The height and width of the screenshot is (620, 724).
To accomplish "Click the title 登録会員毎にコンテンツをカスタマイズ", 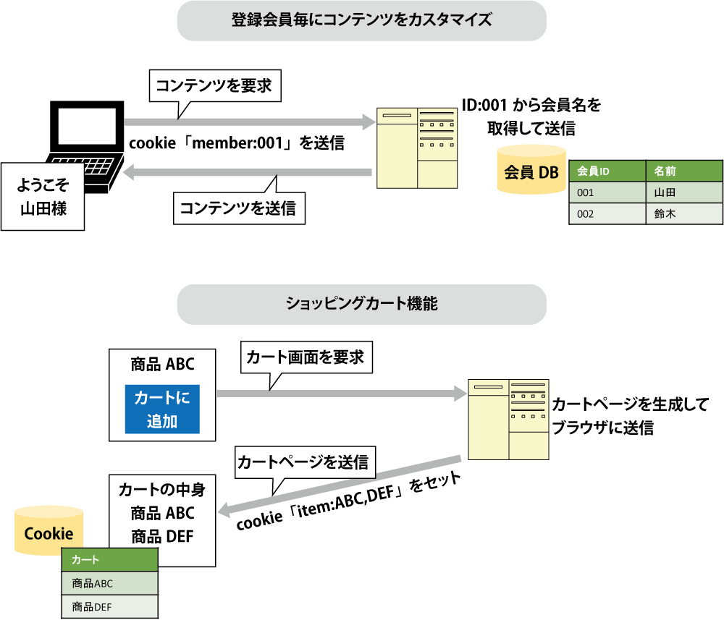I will (361, 20).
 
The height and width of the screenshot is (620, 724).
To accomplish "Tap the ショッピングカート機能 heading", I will (361, 305).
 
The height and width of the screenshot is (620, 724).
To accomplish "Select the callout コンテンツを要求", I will (214, 86).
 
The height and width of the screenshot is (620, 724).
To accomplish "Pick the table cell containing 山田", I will (683, 192).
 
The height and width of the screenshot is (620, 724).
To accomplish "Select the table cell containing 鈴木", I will (683, 213).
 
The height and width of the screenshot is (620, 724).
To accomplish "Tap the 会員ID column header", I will (607, 171).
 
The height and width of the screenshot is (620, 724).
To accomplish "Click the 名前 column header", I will (683, 171).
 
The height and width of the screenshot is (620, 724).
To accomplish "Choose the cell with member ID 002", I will (607, 213).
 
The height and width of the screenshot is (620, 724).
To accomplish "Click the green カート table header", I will (110, 560).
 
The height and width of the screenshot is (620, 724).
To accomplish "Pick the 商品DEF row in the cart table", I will (110, 606).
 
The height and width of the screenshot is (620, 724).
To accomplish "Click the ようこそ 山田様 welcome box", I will (42, 196).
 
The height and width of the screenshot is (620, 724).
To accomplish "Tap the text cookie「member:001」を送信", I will (236, 143).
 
